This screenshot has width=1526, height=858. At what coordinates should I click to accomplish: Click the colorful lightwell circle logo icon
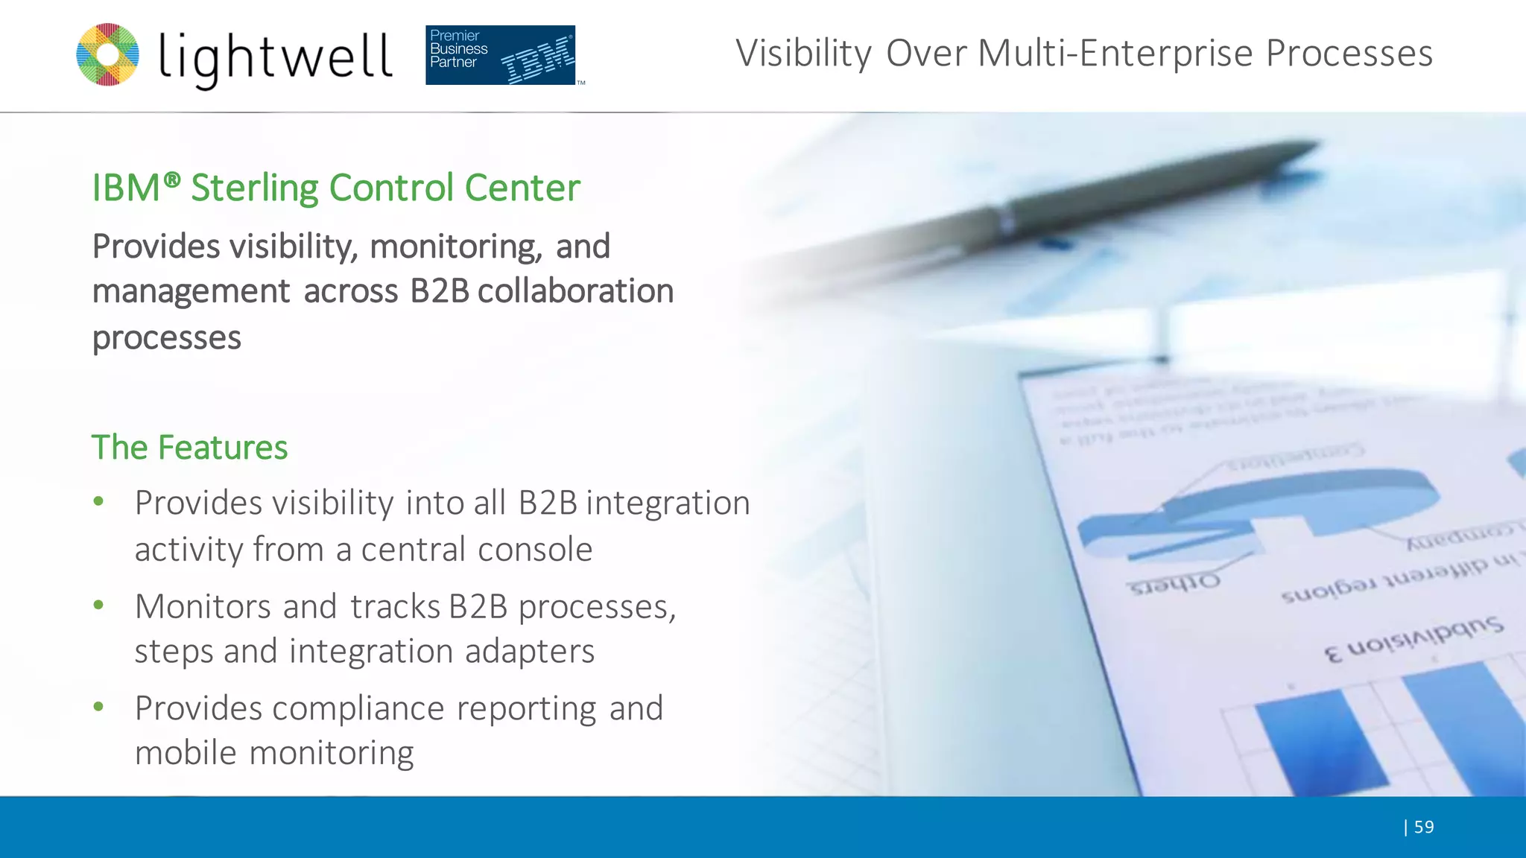coord(108,54)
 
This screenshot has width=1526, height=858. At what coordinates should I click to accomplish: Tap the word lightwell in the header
coord(276,58)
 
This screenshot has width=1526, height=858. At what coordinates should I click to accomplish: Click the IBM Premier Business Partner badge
coord(500,55)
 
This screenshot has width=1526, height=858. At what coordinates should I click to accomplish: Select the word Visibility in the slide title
coord(803,54)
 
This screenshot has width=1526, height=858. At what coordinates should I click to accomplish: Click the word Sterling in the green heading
coord(255,188)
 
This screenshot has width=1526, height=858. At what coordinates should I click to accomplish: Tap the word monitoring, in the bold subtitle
coord(455,247)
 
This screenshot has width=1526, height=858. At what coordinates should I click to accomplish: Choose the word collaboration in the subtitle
coord(575,291)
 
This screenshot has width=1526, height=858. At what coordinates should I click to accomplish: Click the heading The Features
coord(189,448)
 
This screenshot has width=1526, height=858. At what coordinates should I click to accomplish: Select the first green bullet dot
coord(98,502)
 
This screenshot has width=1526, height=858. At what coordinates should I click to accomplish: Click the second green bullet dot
coord(98,606)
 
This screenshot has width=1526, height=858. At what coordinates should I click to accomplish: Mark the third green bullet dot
coord(98,707)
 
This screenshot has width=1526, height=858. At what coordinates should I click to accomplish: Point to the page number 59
coord(1423,827)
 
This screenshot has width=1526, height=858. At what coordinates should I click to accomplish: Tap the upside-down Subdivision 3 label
coord(1413,639)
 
